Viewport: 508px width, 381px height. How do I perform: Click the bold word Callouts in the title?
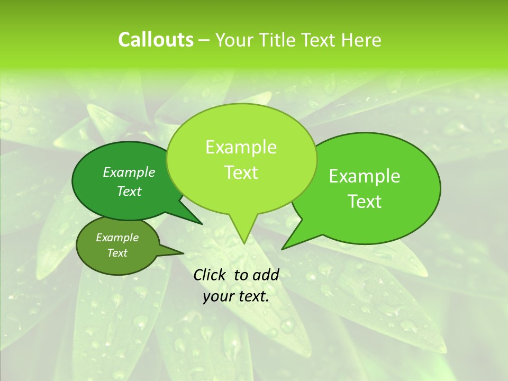156,40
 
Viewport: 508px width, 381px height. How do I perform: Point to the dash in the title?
204,40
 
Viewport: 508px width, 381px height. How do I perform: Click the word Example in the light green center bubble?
241,147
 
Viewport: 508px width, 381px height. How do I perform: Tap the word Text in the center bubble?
241,173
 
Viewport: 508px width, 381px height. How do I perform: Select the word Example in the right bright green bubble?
365,176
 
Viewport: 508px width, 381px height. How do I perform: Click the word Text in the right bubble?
365,202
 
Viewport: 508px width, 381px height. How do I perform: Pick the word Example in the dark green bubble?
129,172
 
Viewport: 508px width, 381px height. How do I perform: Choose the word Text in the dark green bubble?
129,191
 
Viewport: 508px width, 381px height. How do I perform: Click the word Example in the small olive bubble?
117,238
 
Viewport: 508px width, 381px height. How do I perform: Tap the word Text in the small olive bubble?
117,253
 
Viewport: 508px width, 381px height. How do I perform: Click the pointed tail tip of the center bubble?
243,243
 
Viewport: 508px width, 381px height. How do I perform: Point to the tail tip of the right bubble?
282,249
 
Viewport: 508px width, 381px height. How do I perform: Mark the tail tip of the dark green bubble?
202,224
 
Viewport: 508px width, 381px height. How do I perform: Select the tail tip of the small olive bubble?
183,253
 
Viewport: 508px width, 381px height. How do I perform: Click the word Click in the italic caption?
210,275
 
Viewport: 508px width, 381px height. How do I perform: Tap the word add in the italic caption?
266,275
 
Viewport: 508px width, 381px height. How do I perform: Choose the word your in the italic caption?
217,297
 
